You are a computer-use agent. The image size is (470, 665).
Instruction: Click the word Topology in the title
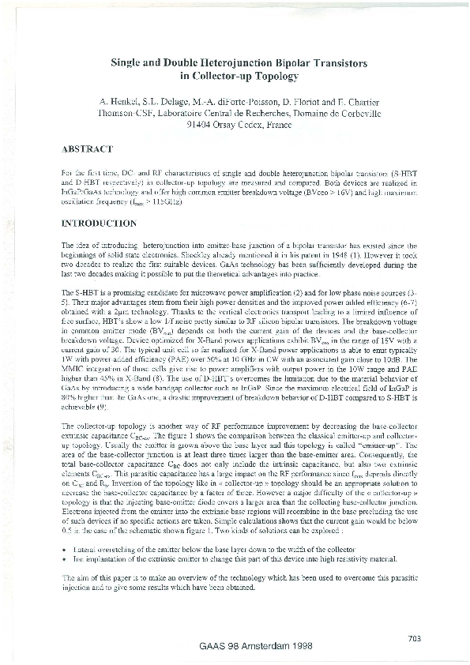pyautogui.click(x=274, y=76)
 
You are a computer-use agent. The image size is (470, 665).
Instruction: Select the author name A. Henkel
pyautogui.click(x=123, y=100)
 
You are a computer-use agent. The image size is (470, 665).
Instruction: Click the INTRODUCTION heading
pyautogui.click(x=99, y=224)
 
